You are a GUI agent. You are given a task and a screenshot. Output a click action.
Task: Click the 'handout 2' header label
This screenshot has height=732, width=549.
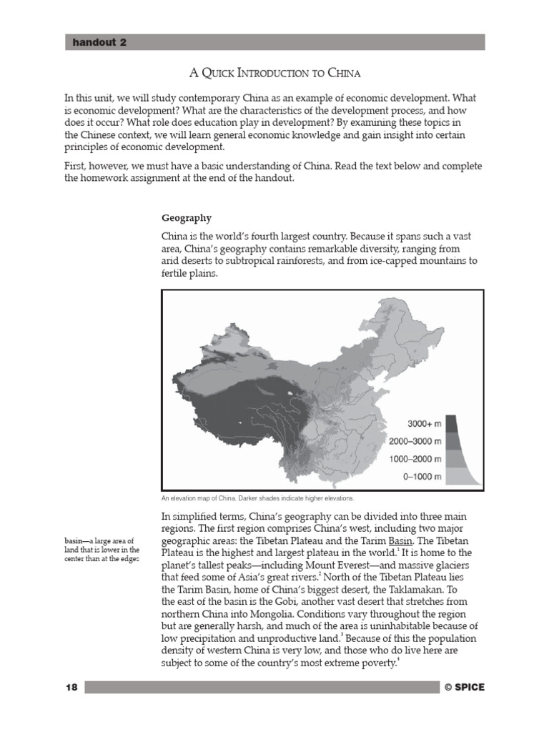[x=99, y=43]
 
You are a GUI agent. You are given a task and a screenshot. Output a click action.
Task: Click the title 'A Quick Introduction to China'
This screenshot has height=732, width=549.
[x=274, y=74]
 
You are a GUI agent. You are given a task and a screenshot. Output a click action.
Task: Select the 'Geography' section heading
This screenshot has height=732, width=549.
[x=186, y=217]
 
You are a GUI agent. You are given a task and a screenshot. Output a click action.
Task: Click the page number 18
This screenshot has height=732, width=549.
[x=71, y=687]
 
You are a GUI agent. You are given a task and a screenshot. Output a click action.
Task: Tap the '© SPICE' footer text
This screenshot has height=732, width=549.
[x=464, y=687]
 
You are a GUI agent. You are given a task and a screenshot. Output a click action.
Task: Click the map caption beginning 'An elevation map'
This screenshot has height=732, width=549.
[x=257, y=498]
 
